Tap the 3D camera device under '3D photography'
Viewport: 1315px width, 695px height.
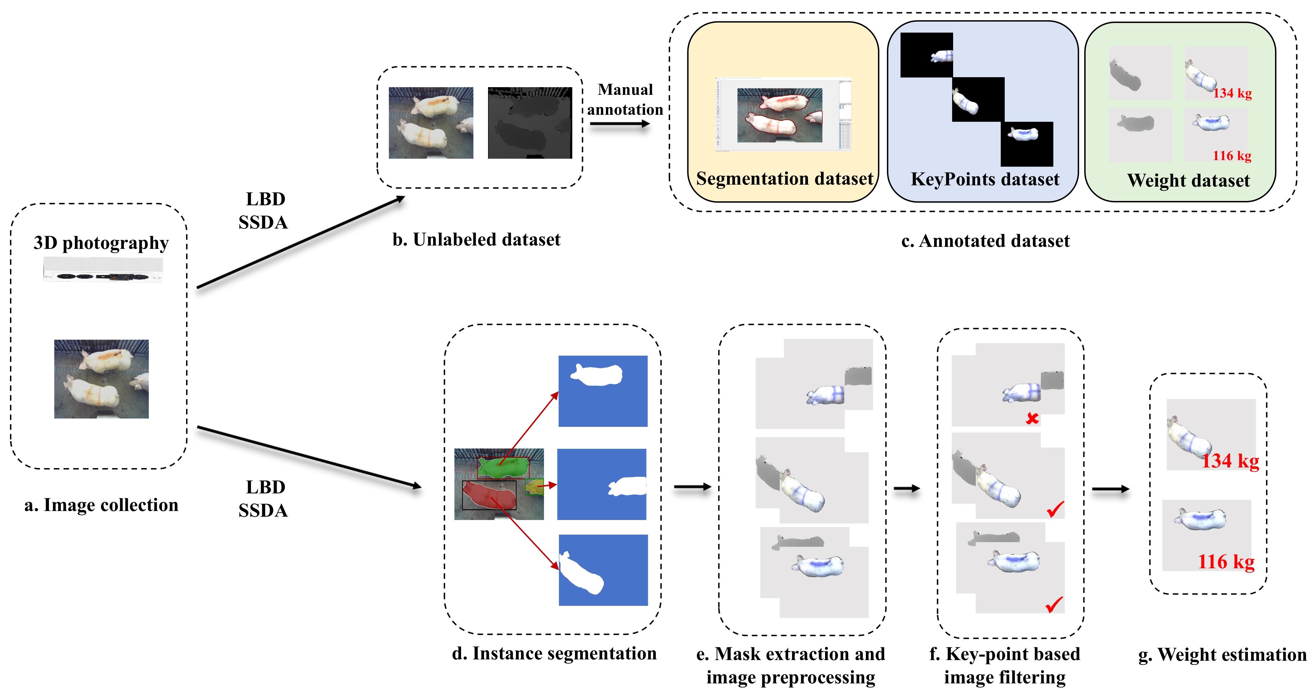[103, 270]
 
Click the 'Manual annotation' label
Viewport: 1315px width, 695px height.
[625, 99]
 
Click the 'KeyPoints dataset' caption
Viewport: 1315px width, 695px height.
[985, 179]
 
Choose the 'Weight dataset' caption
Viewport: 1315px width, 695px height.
[1188, 180]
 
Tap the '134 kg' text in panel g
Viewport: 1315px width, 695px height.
[1230, 461]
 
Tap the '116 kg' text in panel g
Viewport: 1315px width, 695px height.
[1226, 562]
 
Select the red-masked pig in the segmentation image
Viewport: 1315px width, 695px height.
[487, 494]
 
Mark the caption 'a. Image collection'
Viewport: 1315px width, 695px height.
[101, 505]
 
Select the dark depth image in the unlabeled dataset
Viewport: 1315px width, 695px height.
[530, 123]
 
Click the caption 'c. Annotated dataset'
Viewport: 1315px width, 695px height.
[985, 241]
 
